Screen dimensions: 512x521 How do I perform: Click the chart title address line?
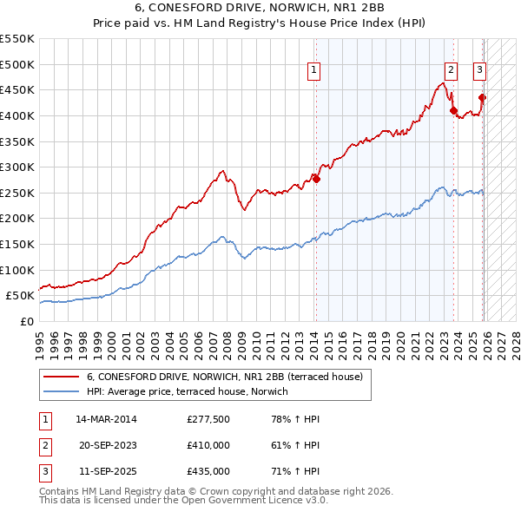tap(260, 9)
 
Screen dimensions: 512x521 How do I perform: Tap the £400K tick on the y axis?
tap(16, 115)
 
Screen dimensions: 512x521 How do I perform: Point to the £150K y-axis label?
tap(16, 245)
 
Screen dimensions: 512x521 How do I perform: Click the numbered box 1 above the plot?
tap(313, 71)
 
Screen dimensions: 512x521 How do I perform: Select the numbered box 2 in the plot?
tap(452, 71)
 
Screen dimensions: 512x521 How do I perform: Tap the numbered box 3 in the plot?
tap(479, 71)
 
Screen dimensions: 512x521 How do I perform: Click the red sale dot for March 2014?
tap(317, 179)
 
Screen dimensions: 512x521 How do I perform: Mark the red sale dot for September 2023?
tap(453, 110)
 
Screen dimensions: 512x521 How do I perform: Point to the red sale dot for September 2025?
tap(483, 98)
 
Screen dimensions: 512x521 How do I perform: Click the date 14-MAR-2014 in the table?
tap(106, 419)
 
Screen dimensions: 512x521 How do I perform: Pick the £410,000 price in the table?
tap(208, 445)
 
